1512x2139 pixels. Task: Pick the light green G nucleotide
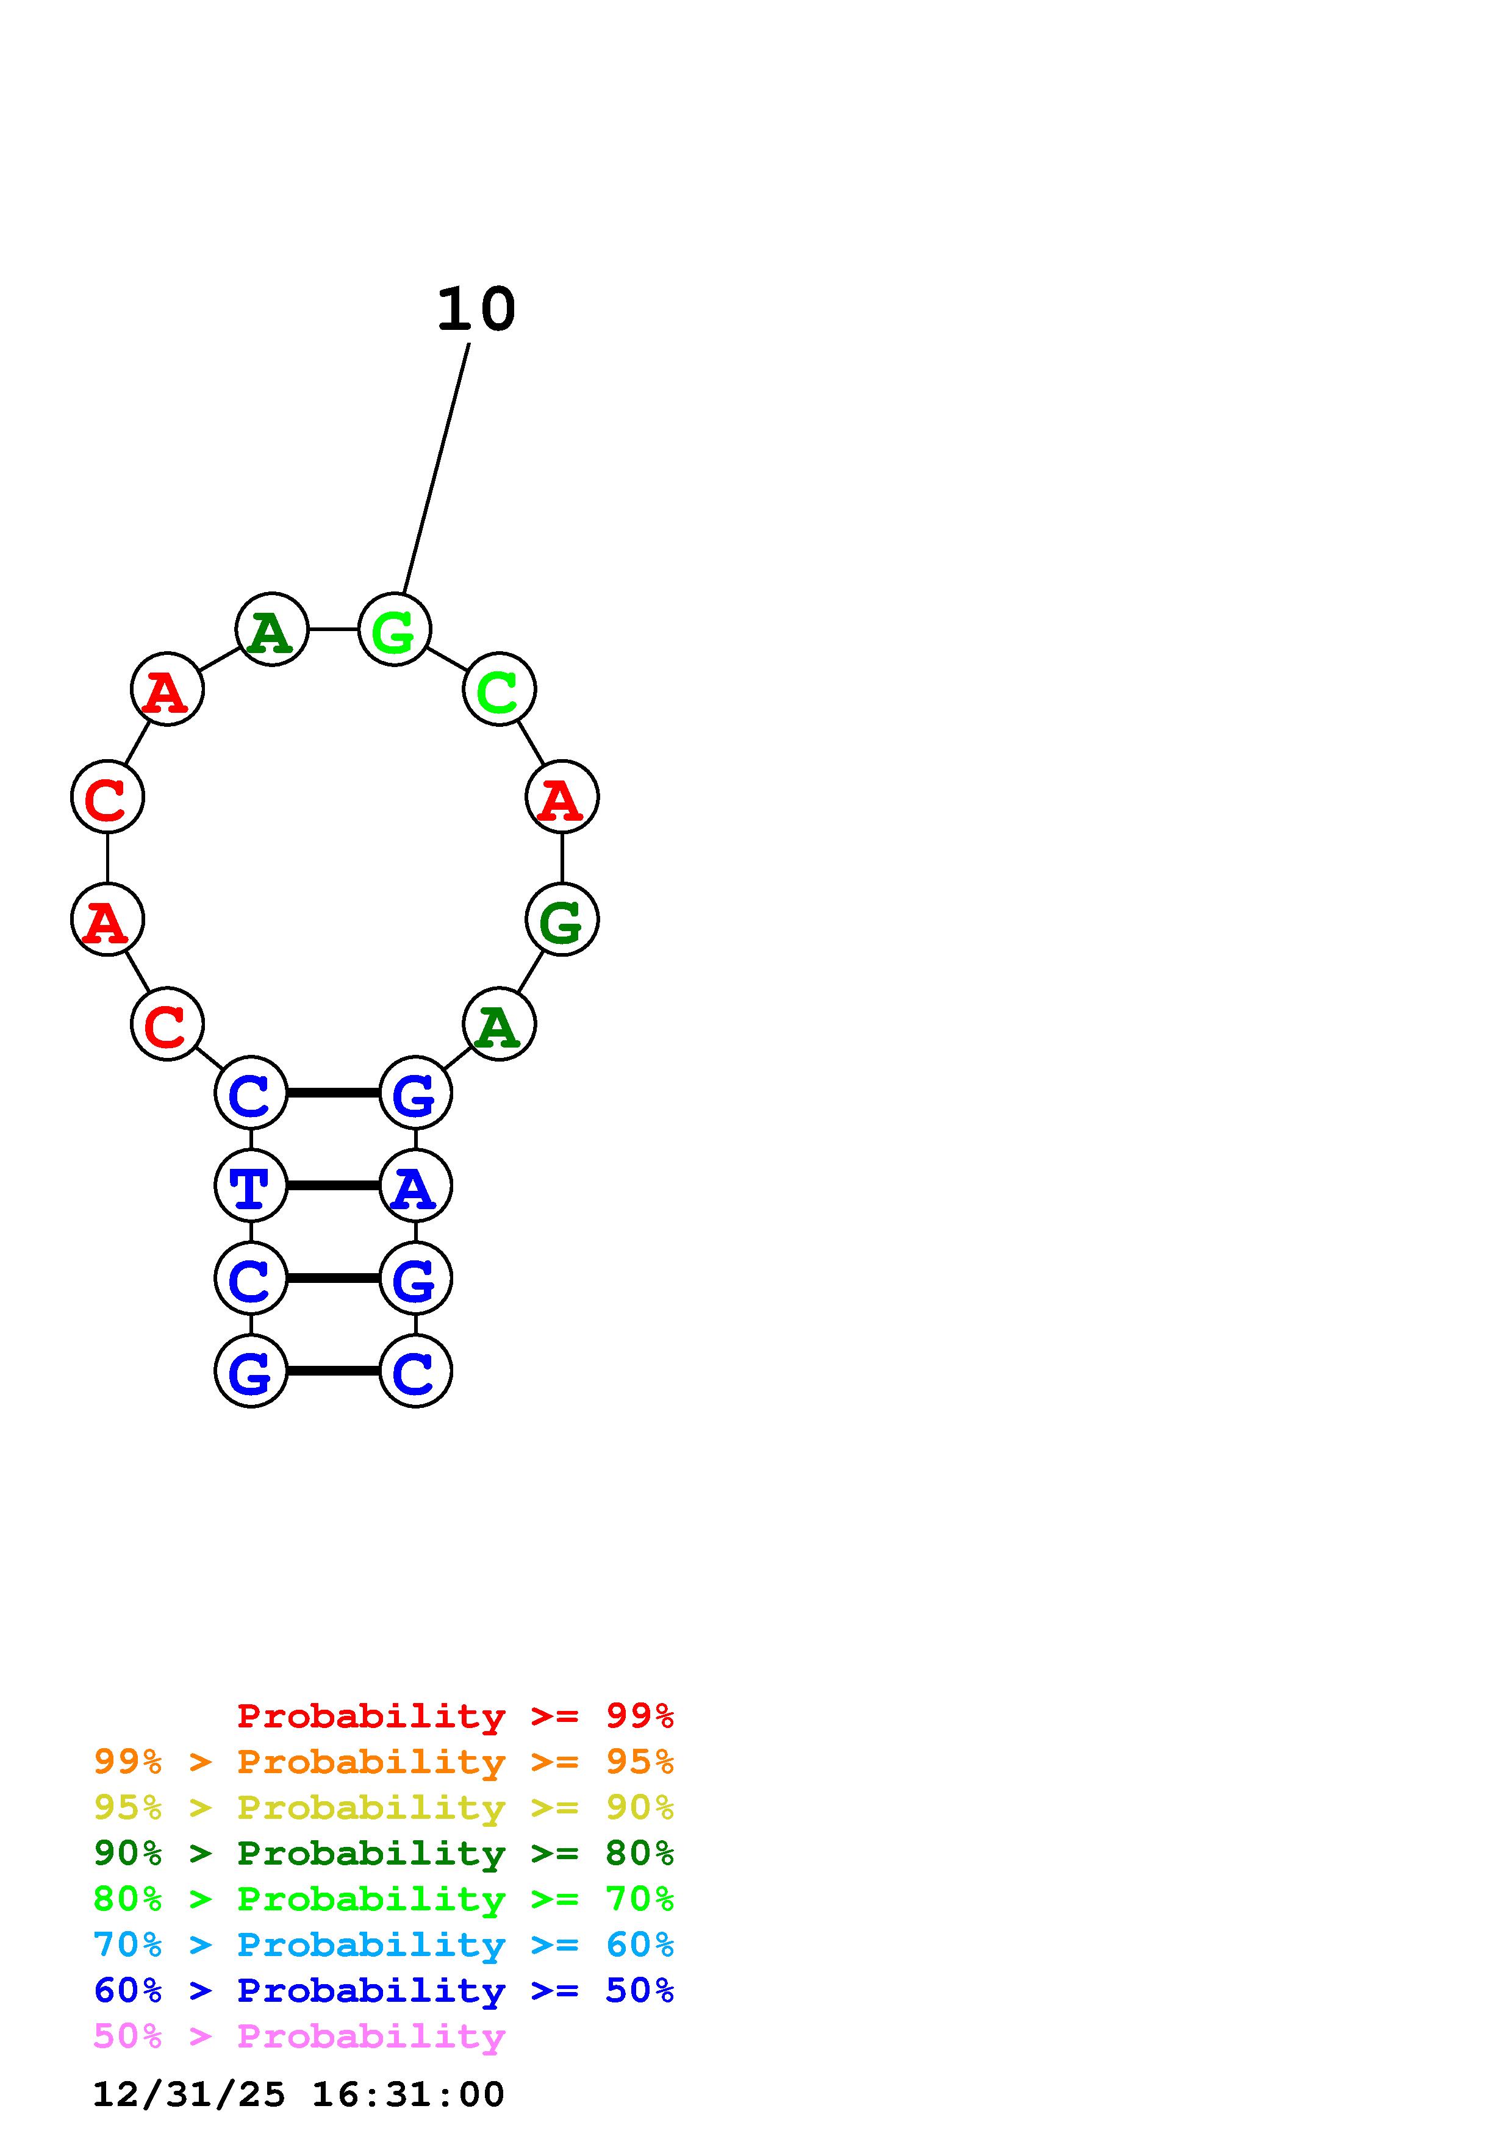394,630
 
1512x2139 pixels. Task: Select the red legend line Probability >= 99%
454,1715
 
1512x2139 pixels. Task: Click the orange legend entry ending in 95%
383,1762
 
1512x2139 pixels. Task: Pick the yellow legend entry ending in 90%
383,1807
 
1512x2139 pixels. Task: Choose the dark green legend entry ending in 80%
383,1853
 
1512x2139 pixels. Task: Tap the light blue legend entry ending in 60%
383,1944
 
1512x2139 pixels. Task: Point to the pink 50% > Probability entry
299,2035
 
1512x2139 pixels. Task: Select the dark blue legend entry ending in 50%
383,1990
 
